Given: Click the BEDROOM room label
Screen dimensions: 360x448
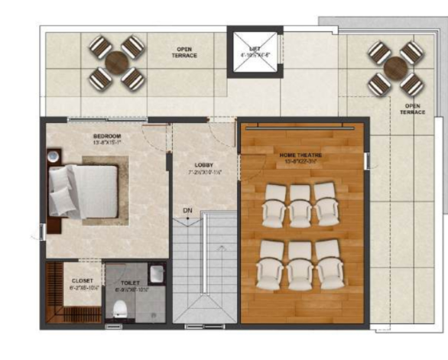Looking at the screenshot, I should [x=108, y=135].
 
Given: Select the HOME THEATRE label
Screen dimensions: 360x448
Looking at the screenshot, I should [x=300, y=155].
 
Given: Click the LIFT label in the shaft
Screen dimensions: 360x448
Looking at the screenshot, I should [x=249, y=48].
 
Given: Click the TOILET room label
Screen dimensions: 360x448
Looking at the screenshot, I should [x=131, y=282].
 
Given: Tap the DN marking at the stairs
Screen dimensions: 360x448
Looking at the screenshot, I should [x=187, y=209].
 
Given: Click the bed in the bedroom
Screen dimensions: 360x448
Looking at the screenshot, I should [x=84, y=189].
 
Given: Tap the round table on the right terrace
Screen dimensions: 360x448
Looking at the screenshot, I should [x=395, y=69].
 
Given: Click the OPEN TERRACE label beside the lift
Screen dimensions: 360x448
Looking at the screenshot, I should [x=184, y=53].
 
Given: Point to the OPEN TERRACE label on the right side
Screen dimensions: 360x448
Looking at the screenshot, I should [x=411, y=109].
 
